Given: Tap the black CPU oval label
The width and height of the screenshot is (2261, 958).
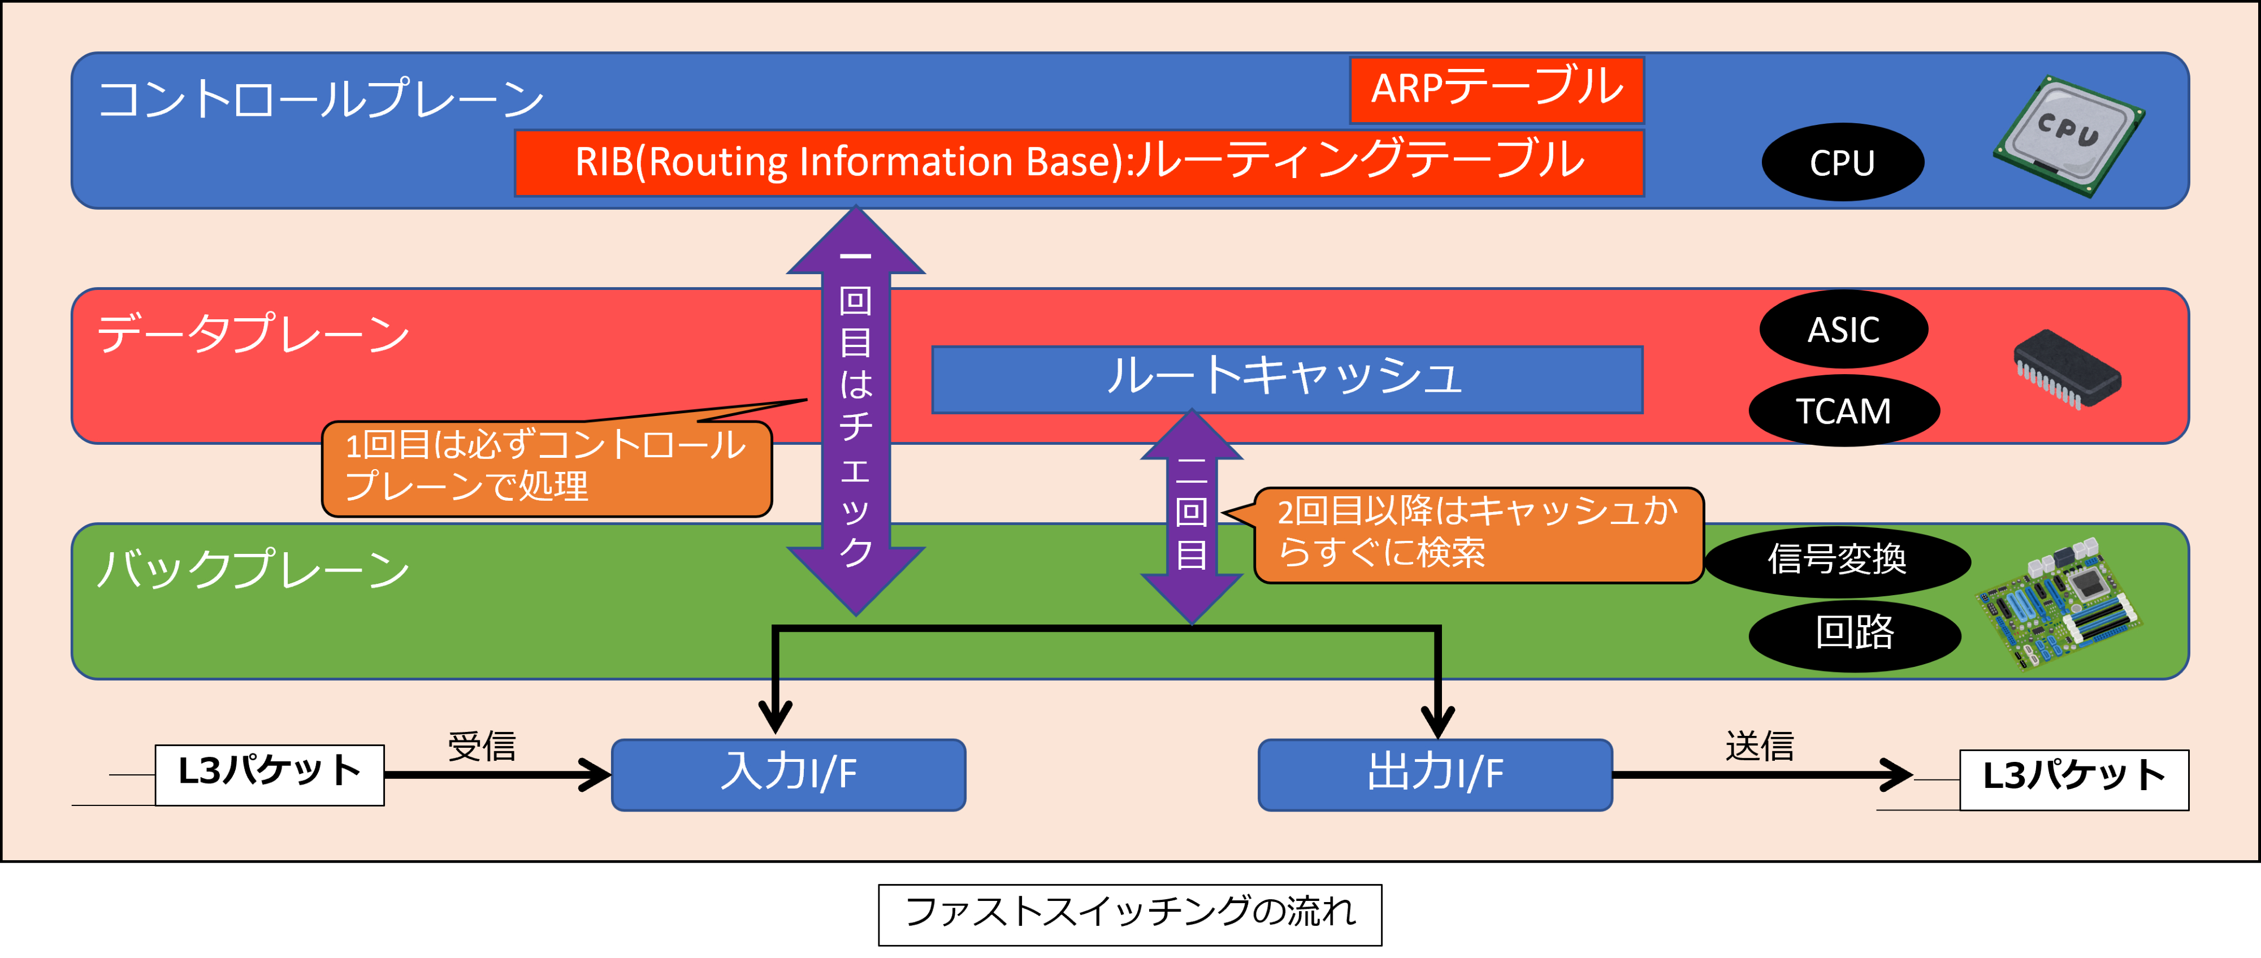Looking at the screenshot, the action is [x=1842, y=162].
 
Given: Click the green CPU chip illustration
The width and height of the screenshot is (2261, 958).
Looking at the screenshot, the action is [x=2069, y=135].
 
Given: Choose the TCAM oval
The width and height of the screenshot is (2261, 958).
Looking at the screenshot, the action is [x=1843, y=410].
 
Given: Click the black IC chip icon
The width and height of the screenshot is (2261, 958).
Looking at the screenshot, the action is [x=2066, y=369].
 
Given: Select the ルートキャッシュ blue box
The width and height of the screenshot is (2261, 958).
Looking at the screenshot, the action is [x=1287, y=379].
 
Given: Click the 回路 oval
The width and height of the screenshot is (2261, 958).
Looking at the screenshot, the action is [x=1854, y=634].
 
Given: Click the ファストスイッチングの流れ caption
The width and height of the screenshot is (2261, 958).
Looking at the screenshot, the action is [x=1129, y=914].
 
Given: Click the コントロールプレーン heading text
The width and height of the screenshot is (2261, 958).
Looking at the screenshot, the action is [x=321, y=98].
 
